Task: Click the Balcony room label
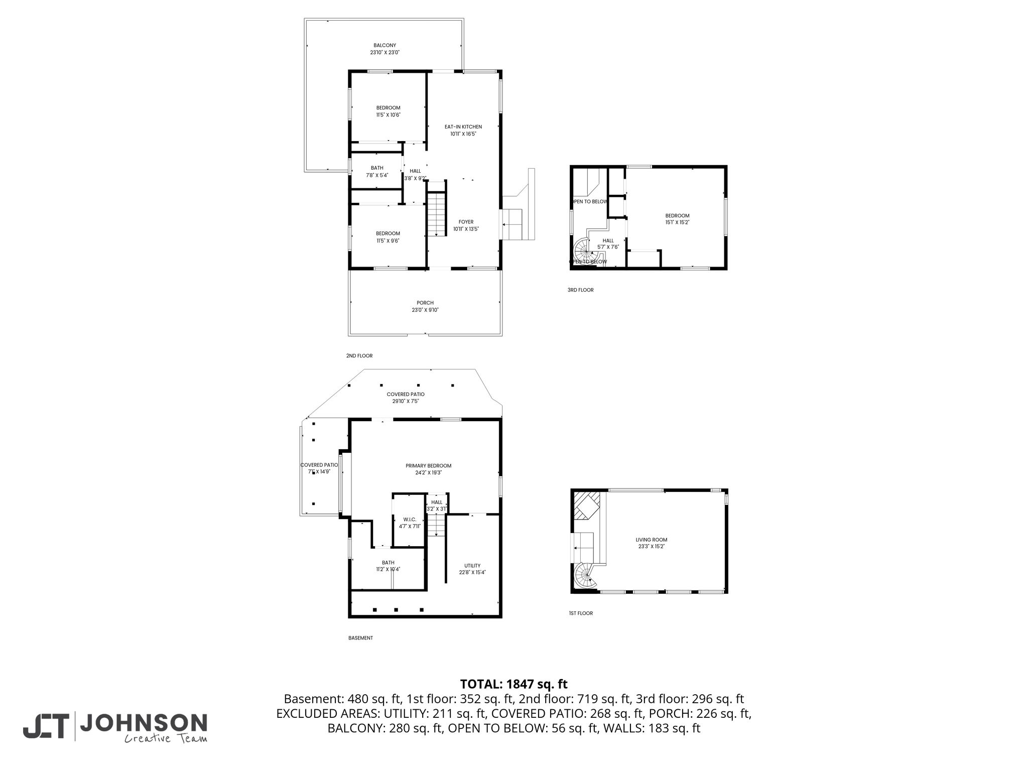point(385,49)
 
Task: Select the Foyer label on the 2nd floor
point(466,225)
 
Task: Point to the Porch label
point(425,306)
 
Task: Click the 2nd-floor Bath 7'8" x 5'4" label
point(377,171)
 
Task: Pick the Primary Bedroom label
point(429,469)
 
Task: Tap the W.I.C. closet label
point(410,523)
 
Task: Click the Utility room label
point(472,569)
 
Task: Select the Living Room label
point(652,543)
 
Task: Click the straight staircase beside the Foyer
point(437,214)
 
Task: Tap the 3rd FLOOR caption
point(580,290)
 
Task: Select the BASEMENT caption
point(360,638)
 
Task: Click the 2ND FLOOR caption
point(359,355)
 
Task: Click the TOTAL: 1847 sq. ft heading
point(514,684)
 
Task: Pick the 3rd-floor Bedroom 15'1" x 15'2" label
point(678,219)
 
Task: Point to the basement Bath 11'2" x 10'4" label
point(388,566)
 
